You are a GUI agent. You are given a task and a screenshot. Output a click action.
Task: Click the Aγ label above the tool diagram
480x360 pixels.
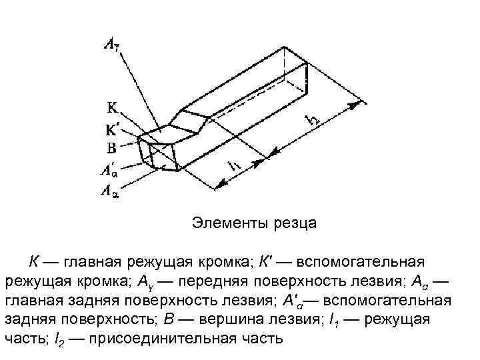click(111, 45)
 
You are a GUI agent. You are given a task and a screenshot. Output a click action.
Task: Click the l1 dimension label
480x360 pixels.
click(235, 167)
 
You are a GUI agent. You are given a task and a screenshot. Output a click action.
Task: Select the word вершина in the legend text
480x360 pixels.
click(264, 319)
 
